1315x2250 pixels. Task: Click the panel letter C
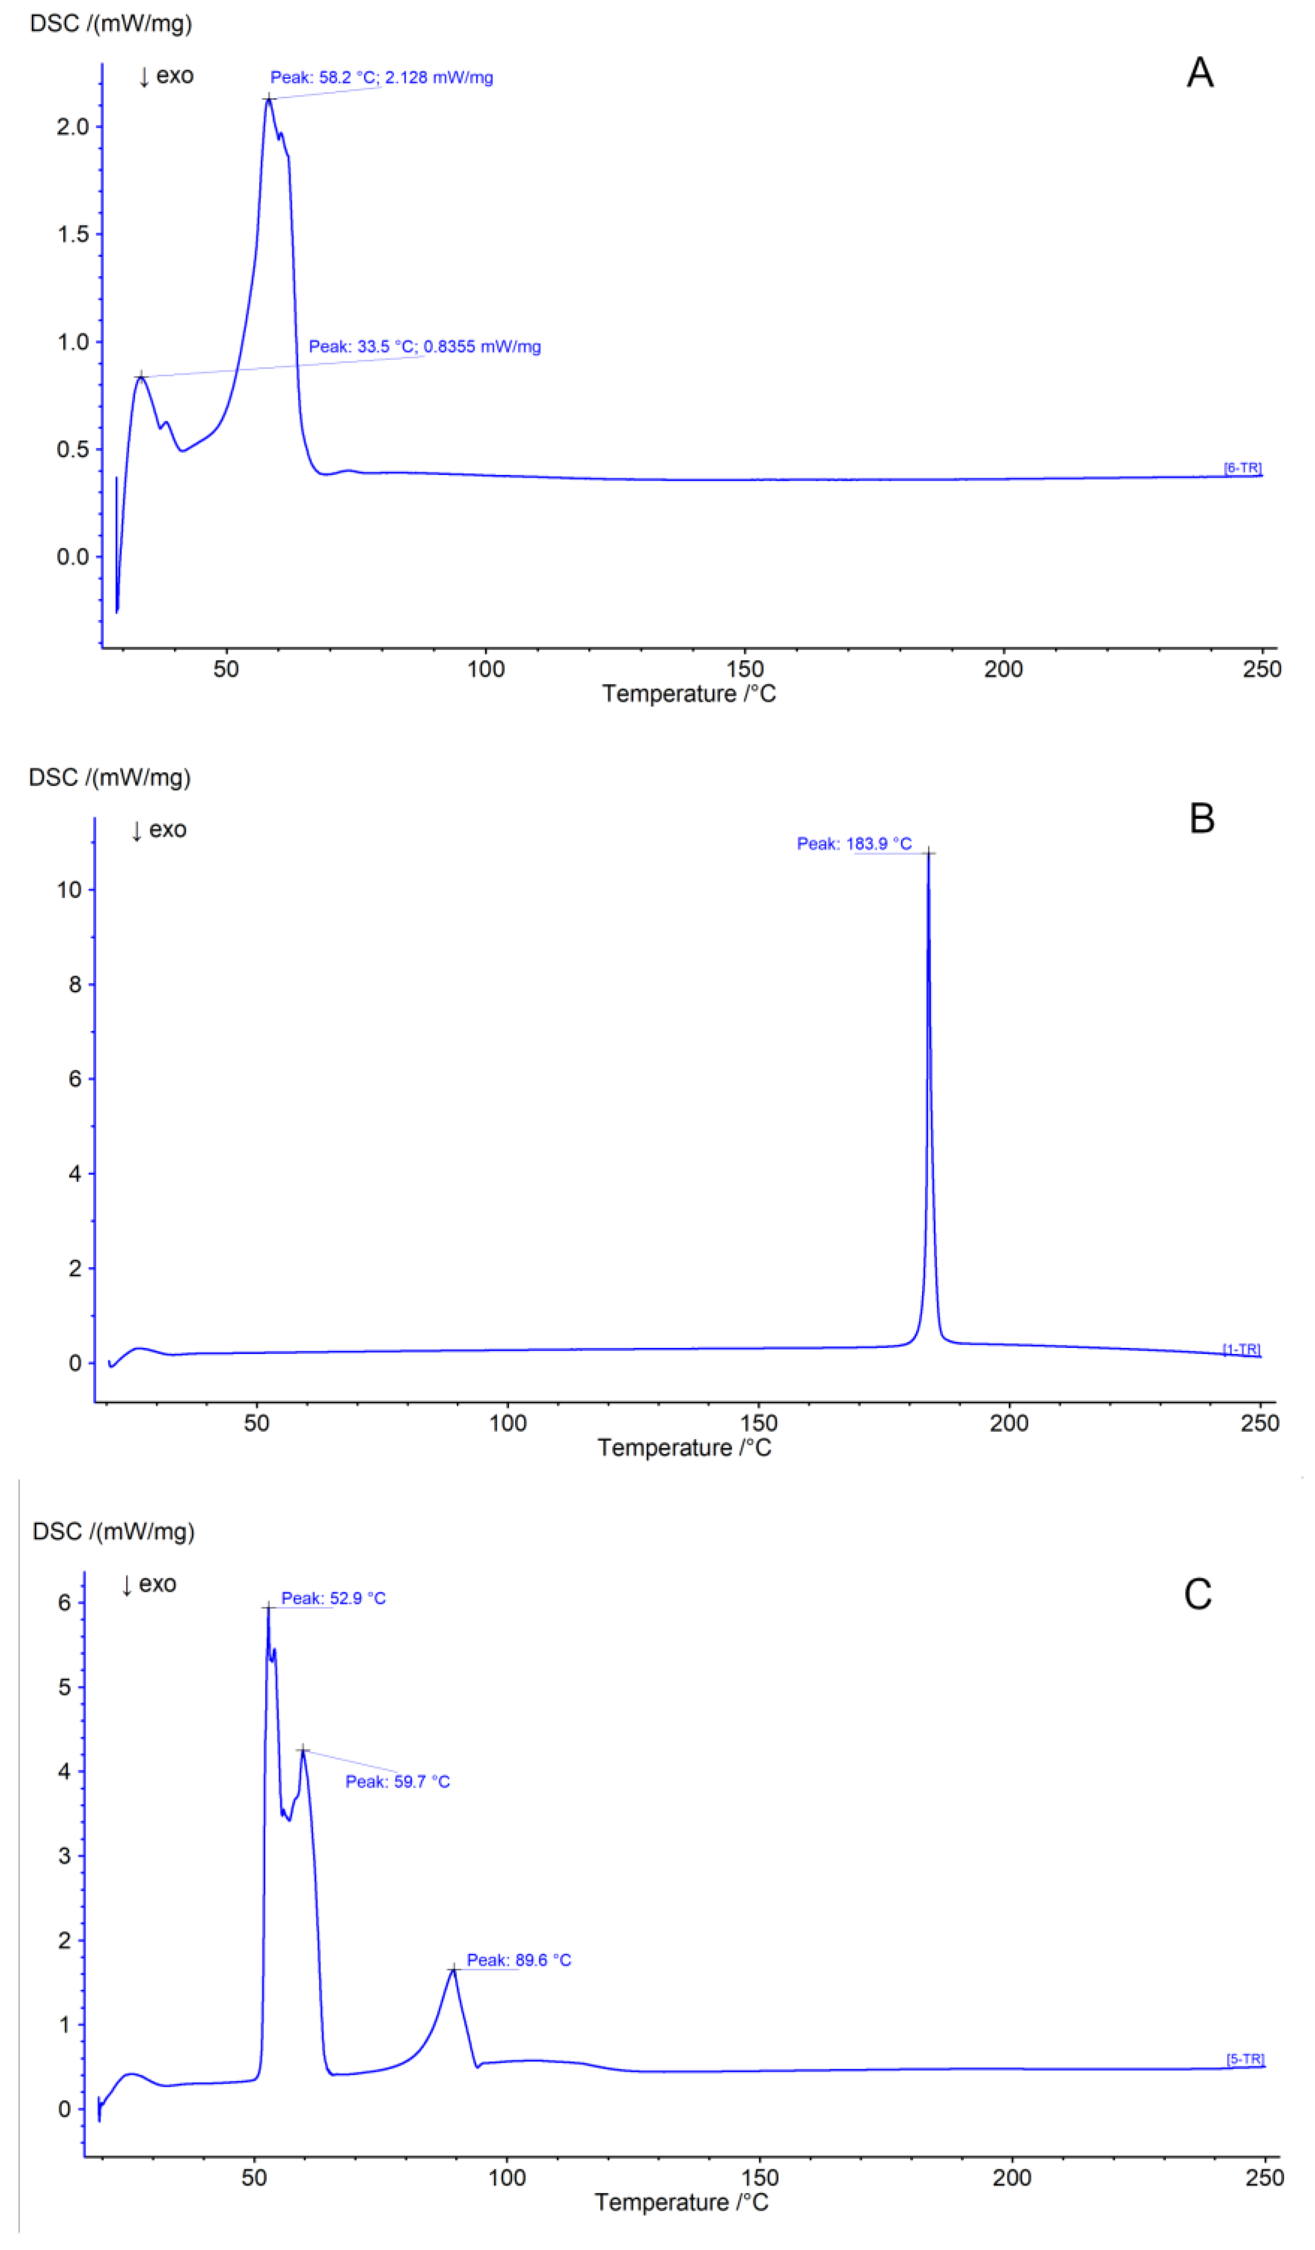(x=1197, y=1594)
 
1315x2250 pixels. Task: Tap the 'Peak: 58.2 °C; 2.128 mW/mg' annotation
(x=381, y=78)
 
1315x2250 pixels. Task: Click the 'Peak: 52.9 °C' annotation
(x=333, y=1598)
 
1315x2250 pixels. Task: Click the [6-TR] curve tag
(x=1242, y=468)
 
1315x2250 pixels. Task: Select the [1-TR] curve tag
(x=1241, y=1349)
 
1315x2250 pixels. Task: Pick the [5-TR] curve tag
(x=1244, y=2059)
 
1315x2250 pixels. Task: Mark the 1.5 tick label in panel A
(x=73, y=235)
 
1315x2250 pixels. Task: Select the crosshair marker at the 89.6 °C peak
(x=453, y=1969)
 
